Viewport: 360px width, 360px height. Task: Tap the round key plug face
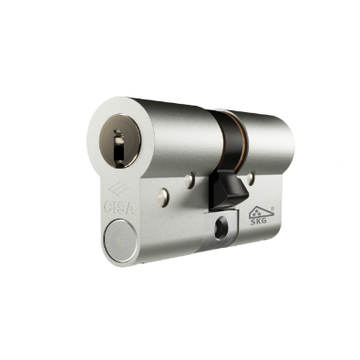pos(119,141)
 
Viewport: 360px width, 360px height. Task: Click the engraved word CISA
pos(118,208)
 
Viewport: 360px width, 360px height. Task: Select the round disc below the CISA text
pos(120,241)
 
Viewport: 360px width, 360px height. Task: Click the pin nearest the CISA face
pos(163,197)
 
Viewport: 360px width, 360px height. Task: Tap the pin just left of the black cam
pos(190,180)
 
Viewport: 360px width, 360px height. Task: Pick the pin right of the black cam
pos(251,179)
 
